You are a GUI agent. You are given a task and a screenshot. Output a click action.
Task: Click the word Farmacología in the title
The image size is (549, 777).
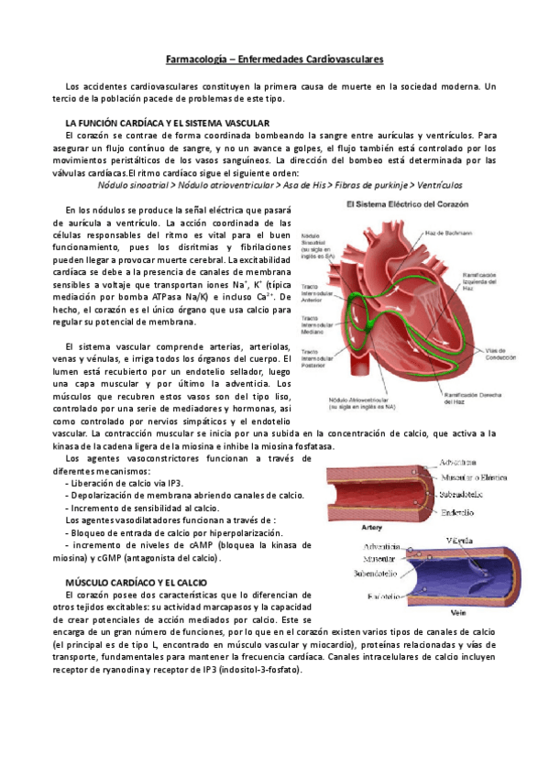(x=198, y=60)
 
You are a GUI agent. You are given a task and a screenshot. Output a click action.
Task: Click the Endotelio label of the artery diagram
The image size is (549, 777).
(x=459, y=510)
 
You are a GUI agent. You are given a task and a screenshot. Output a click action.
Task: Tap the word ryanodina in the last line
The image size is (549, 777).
(x=113, y=669)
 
